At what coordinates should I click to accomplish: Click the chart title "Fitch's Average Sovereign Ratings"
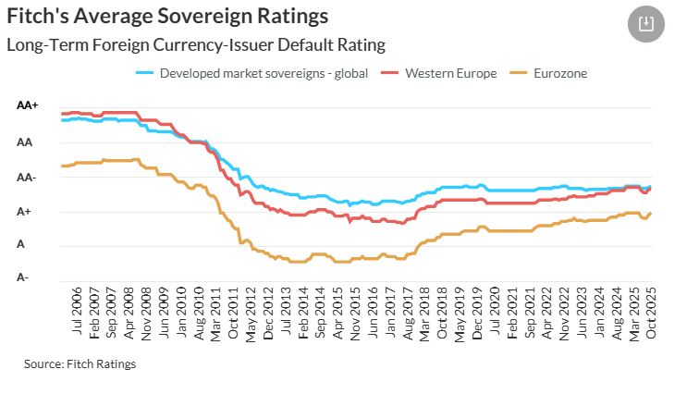pos(167,17)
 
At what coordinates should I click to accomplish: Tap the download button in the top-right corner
pos(646,24)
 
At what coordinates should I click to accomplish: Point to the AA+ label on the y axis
pos(29,106)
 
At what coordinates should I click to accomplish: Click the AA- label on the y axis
pos(28,178)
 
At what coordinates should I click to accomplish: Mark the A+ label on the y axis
pos(26,211)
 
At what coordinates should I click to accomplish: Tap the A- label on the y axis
pos(23,277)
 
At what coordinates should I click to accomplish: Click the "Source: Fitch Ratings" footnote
pos(80,364)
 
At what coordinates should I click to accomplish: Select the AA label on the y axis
pos(24,142)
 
